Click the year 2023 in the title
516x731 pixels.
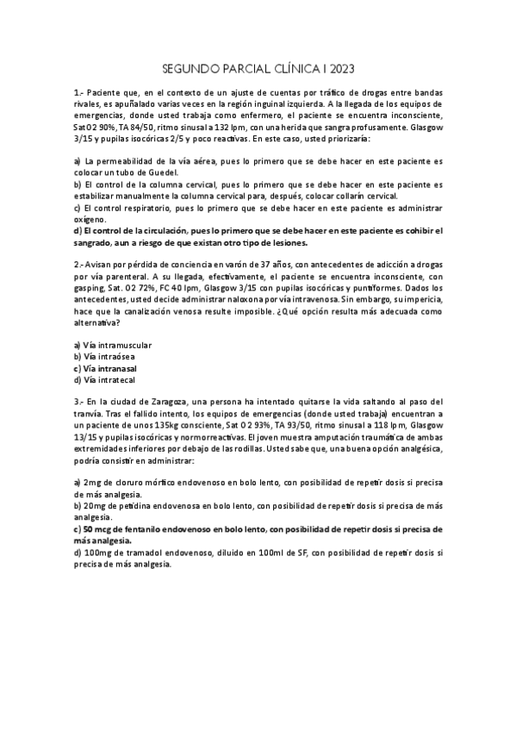(339, 68)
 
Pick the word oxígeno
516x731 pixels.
(92, 219)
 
